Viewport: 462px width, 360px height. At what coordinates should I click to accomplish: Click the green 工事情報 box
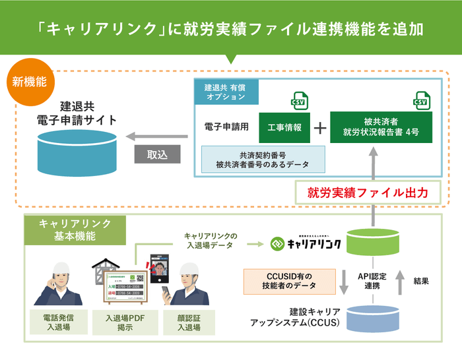click(284, 127)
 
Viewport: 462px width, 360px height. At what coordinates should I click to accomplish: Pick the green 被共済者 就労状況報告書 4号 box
click(381, 127)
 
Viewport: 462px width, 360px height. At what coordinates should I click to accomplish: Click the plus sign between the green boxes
click(319, 128)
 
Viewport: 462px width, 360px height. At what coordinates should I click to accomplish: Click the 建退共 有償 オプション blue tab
click(225, 92)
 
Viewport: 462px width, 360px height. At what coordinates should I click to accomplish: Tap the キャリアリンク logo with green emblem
click(306, 243)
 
